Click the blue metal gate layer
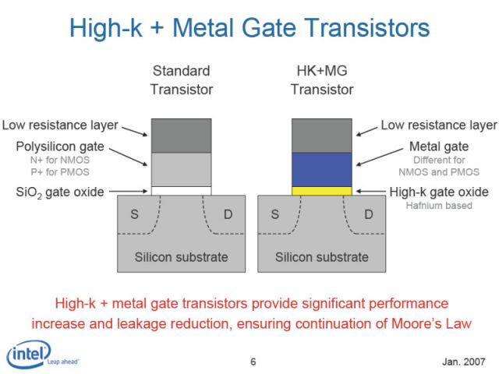point(322,170)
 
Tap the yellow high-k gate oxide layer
point(322,191)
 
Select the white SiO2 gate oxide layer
point(181,191)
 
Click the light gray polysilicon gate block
point(181,170)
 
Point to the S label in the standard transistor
point(135,214)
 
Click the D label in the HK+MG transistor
point(369,214)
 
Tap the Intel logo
point(29,355)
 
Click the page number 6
point(253,362)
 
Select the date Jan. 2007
point(464,362)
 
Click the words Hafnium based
point(439,206)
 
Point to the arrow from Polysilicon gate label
point(128,157)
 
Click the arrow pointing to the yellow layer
point(371,191)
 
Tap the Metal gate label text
point(439,146)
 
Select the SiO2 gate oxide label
point(60,192)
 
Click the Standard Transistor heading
point(182,80)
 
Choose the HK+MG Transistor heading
point(322,80)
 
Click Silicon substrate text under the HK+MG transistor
point(322,257)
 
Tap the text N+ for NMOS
point(60,160)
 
